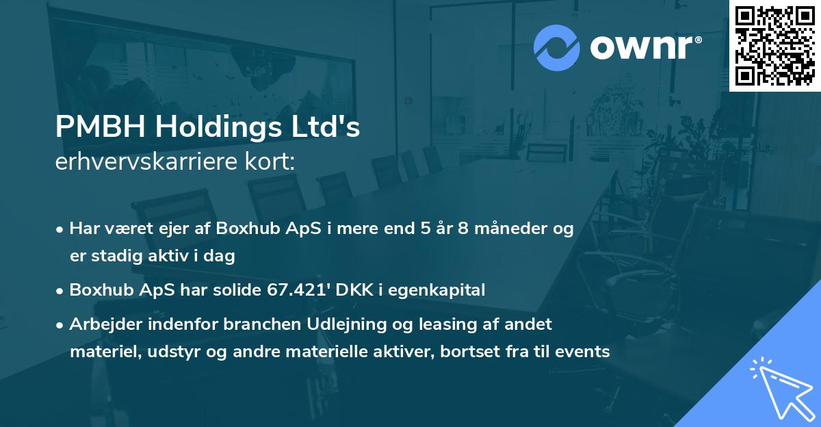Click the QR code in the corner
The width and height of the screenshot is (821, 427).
[774, 46]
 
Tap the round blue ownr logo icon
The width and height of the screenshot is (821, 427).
[557, 48]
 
